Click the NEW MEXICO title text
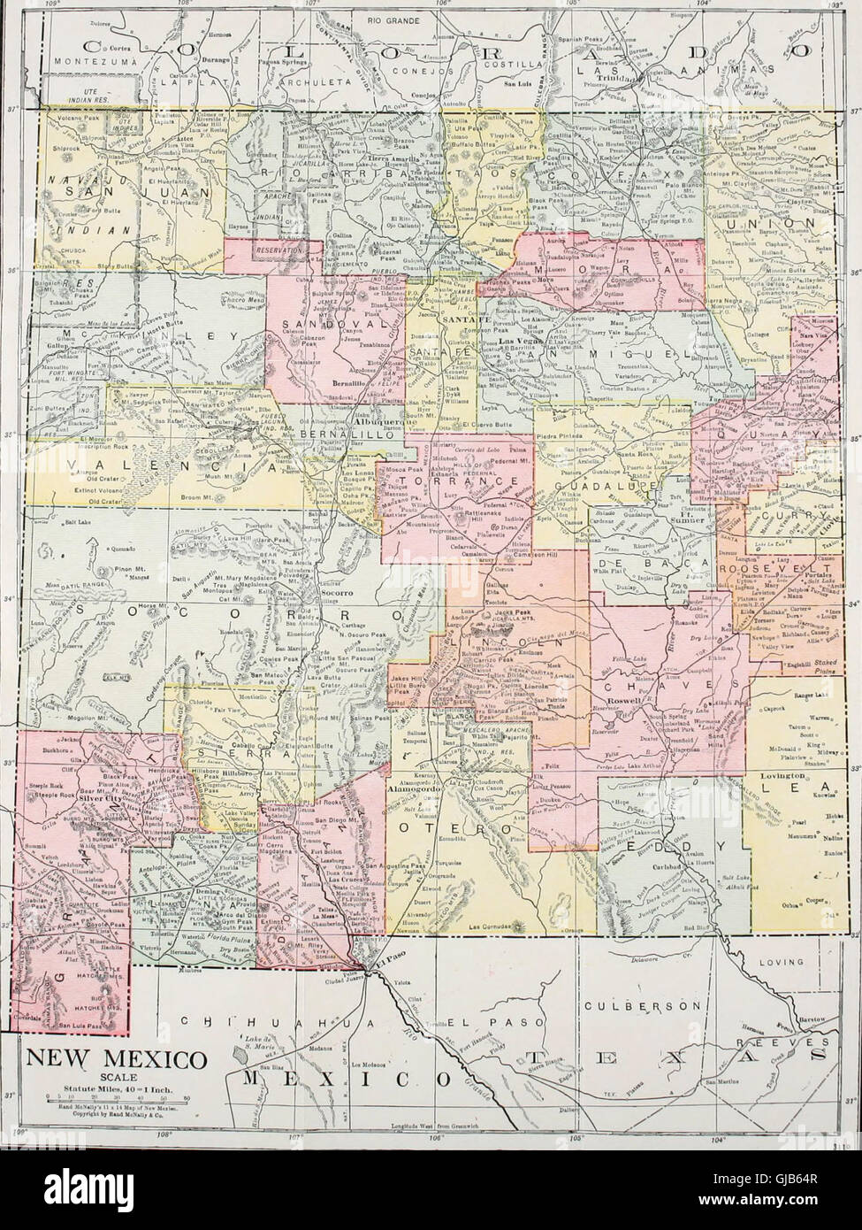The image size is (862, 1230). tap(114, 1058)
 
